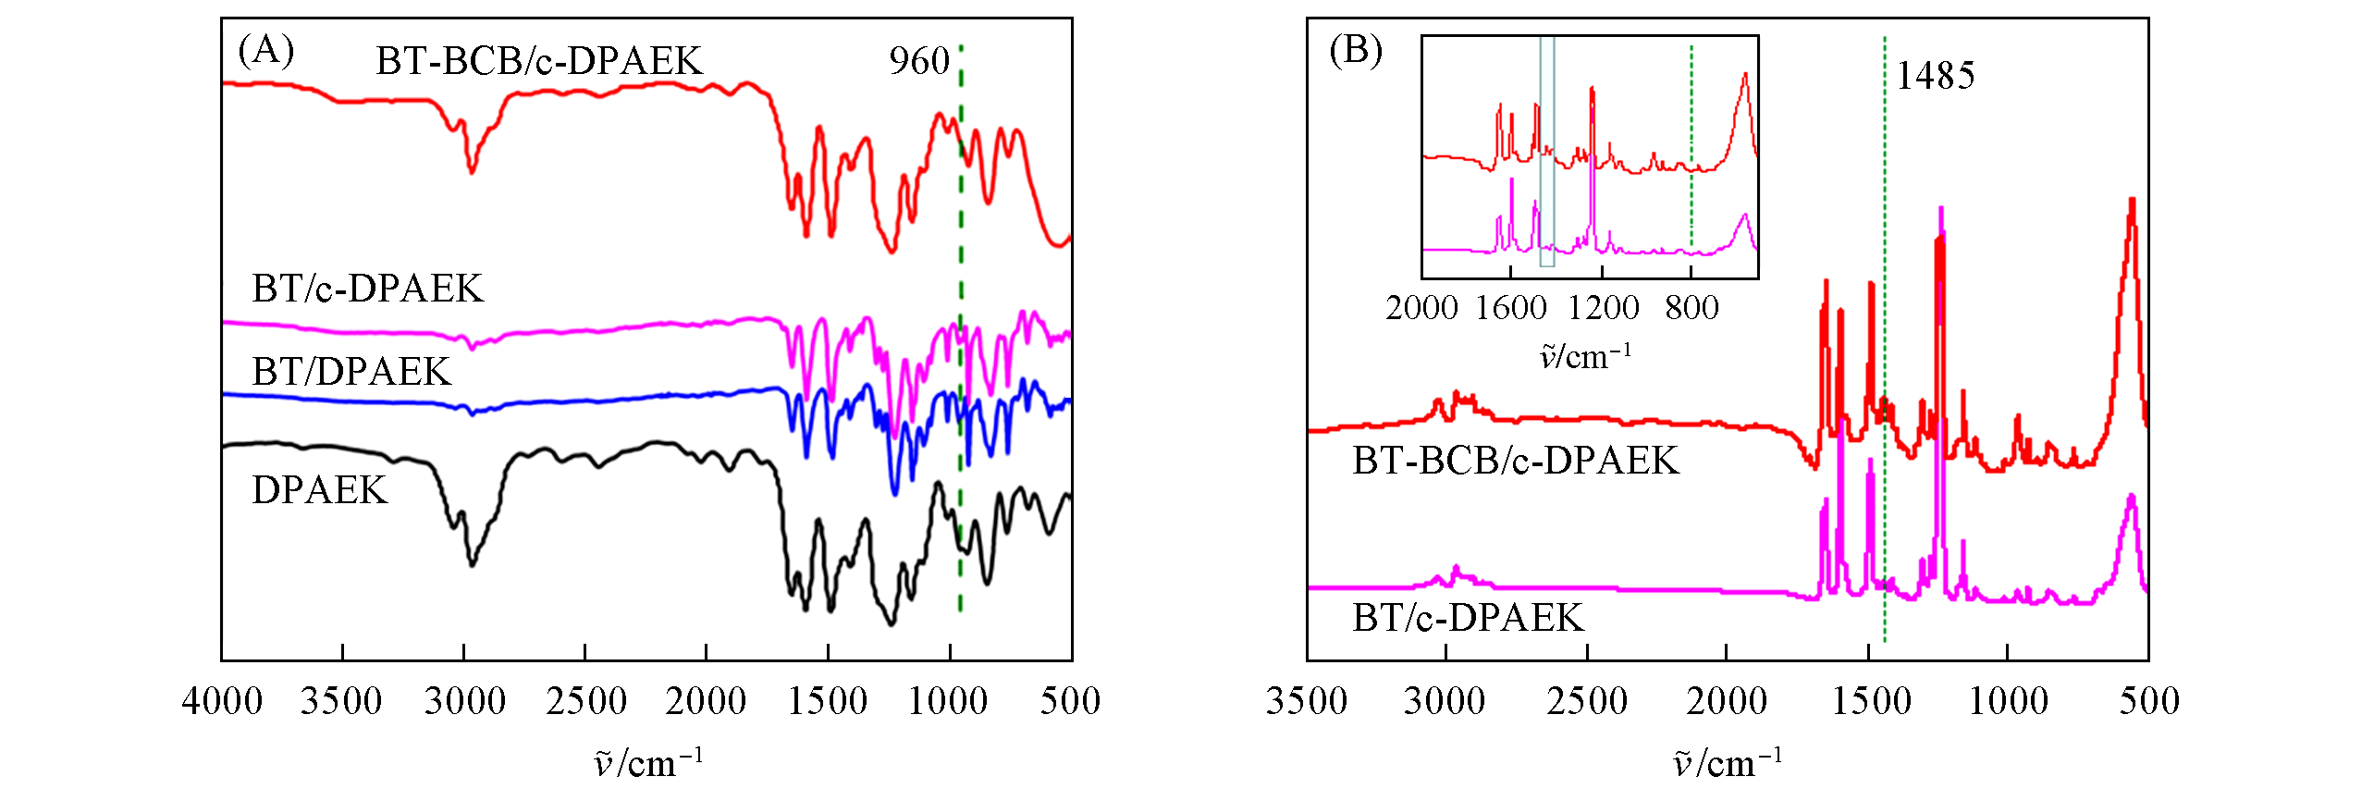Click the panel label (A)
click(265, 50)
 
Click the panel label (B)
click(1355, 50)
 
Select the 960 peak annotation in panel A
click(919, 62)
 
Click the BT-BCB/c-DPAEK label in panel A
click(539, 62)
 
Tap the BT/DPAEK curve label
click(351, 372)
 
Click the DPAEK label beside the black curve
click(319, 490)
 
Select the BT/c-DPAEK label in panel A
click(367, 289)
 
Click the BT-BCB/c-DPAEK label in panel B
click(1515, 461)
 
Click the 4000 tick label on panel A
click(222, 701)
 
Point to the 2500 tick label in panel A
click(585, 701)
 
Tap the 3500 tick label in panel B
click(1306, 701)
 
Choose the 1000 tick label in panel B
click(2008, 701)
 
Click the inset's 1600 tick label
click(1510, 308)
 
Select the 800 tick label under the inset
click(1691, 308)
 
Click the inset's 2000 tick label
click(1421, 308)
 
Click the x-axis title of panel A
click(648, 763)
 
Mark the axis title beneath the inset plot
click(1585, 357)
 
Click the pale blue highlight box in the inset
click(1547, 153)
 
